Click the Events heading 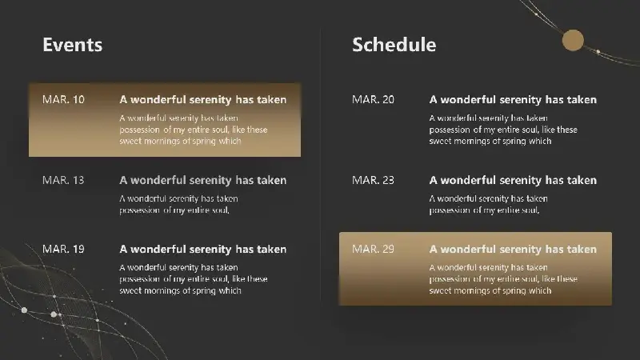point(72,45)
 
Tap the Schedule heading point(394,45)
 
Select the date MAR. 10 point(63,99)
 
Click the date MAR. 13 point(63,180)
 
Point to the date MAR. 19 point(63,249)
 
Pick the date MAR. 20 point(373,99)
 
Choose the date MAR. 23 point(373,180)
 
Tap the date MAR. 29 point(373,249)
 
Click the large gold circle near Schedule point(573,40)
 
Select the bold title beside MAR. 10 point(203,99)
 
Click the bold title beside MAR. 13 point(203,180)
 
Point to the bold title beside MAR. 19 point(203,249)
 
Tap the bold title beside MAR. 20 point(513,99)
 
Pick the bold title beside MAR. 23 point(513,180)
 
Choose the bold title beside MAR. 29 point(513,249)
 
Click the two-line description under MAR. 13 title point(178,204)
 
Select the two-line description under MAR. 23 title point(489,204)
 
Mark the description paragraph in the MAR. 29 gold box point(503,278)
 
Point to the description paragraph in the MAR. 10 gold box point(194,130)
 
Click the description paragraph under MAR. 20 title point(503,130)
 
